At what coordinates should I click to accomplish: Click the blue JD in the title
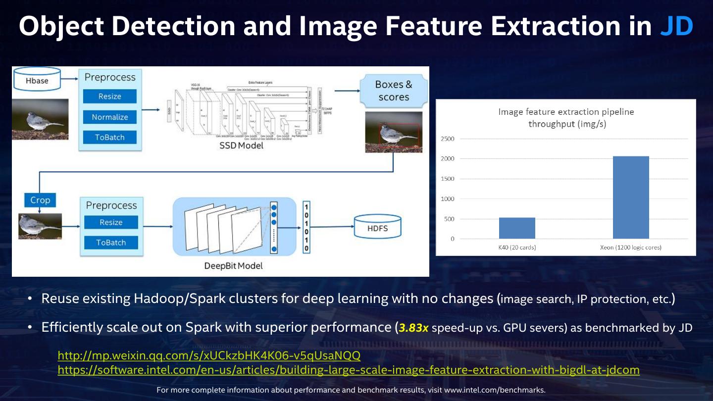tap(676, 26)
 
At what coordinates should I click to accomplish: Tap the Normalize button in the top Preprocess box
tap(109, 117)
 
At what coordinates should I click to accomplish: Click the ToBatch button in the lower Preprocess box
tap(111, 243)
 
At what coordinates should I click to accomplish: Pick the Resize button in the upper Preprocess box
tap(109, 97)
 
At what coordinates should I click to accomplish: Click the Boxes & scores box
tap(394, 91)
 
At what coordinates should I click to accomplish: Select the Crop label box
tap(40, 200)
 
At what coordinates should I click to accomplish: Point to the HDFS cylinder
tap(377, 229)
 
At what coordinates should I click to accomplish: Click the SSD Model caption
tap(241, 146)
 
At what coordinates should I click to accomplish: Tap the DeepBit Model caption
tap(233, 266)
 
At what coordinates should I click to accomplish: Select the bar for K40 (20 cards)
tap(517, 228)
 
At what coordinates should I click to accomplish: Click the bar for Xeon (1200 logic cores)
tap(631, 198)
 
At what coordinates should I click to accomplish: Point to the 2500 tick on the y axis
tap(447, 139)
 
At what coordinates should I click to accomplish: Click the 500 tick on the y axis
tap(449, 219)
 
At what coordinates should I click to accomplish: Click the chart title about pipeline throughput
tap(566, 118)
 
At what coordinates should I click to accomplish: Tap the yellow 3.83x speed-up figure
tap(414, 328)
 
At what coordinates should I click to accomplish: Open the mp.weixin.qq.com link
tap(209, 355)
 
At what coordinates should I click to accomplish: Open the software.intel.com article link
tap(349, 370)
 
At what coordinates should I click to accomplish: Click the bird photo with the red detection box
tap(394, 132)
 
